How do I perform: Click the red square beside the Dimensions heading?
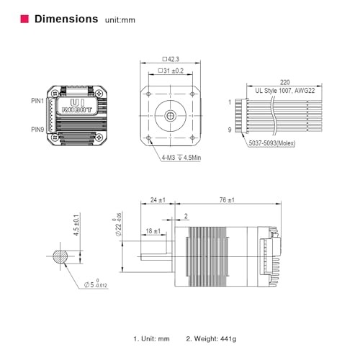click(x=23, y=19)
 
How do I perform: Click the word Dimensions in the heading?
click(x=66, y=19)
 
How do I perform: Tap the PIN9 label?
click(x=37, y=130)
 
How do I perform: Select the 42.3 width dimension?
click(x=170, y=59)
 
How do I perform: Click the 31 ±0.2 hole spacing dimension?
click(x=170, y=71)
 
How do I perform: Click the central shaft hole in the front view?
click(x=170, y=115)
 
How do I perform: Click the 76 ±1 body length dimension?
click(x=229, y=199)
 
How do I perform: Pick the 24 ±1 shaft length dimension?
click(x=158, y=199)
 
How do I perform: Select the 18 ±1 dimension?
click(x=153, y=230)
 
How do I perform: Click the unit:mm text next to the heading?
click(x=120, y=20)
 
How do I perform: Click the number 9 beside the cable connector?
click(x=230, y=130)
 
